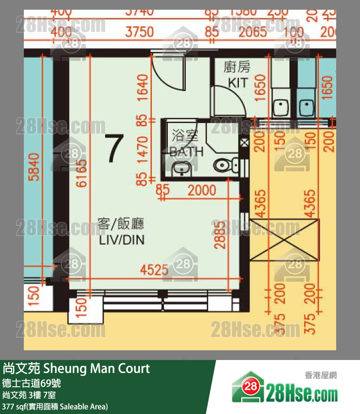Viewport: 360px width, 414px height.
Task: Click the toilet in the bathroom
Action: tap(225, 165)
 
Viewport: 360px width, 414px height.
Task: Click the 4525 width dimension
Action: tap(154, 269)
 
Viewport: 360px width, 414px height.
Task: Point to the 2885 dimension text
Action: tap(221, 233)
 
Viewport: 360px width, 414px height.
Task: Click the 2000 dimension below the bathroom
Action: tap(201, 190)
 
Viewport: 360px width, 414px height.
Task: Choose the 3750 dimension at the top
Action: tap(139, 32)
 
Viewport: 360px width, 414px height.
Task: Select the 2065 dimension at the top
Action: tap(252, 32)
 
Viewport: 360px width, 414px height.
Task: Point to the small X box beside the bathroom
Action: tap(244, 143)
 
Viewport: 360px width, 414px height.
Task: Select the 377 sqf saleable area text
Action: tap(54, 406)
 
